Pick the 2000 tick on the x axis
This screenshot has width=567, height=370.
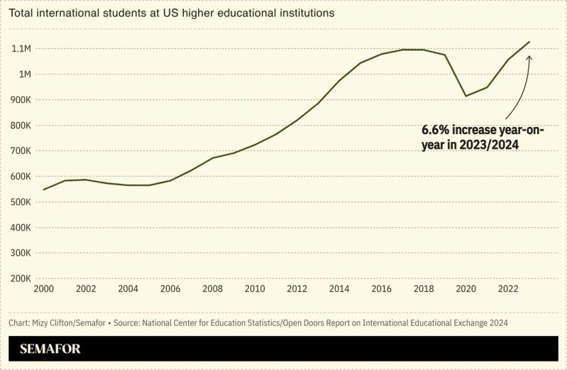pos(44,289)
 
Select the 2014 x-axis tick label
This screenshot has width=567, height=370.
pos(339,289)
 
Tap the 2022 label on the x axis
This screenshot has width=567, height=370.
pos(508,289)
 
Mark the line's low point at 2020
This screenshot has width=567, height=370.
pos(466,96)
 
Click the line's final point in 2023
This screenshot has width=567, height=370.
pos(529,42)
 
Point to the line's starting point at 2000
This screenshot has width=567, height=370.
pos(44,190)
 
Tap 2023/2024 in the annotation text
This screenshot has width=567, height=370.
pos(489,145)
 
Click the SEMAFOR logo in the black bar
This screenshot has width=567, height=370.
pos(50,349)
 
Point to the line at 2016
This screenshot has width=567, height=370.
pos(382,54)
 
